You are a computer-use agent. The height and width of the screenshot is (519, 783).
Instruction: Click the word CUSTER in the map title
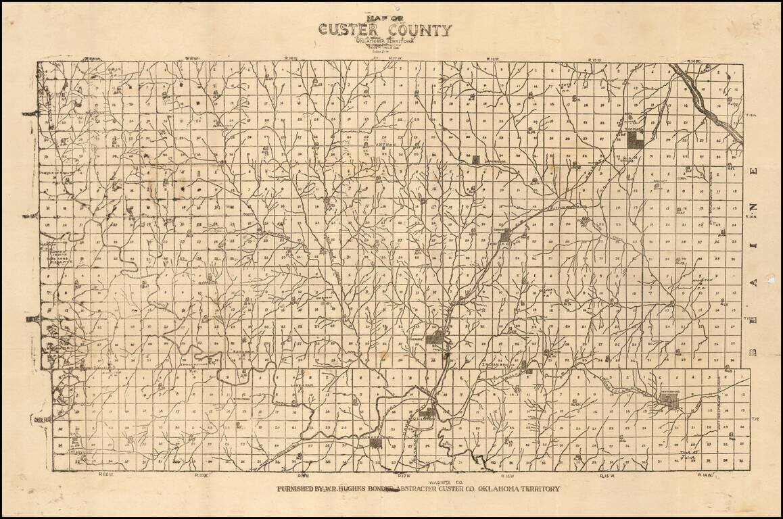(347, 30)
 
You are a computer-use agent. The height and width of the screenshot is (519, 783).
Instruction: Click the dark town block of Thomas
(635, 140)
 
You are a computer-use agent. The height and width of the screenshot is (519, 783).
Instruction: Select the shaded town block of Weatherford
(671, 403)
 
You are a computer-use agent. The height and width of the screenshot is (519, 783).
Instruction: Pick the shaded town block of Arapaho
(437, 338)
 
